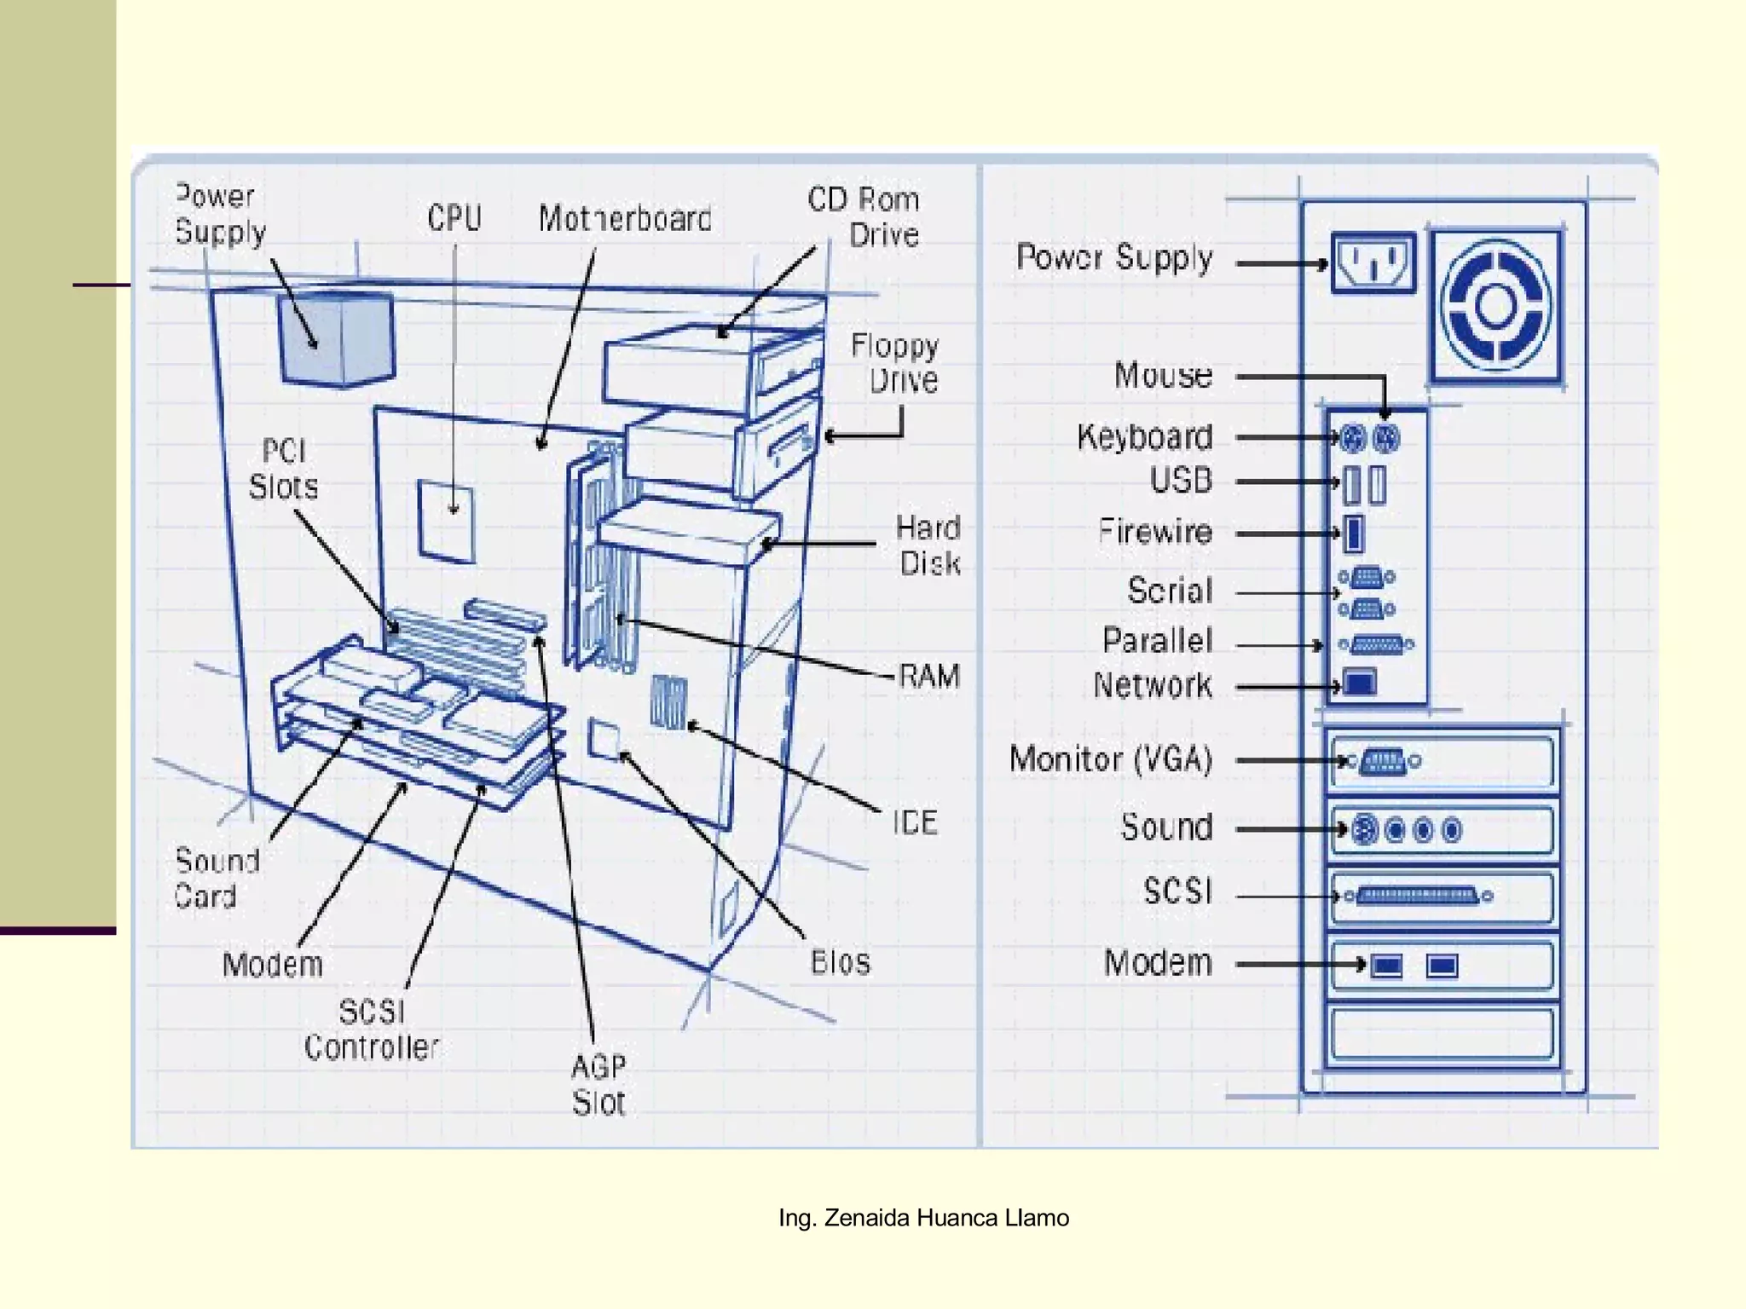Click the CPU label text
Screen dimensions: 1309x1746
pos(454,218)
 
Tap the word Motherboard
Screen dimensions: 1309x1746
pos(625,219)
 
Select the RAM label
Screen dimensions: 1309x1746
pos(929,677)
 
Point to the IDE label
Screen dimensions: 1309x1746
pos(916,822)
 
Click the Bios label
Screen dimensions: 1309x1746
pos(841,962)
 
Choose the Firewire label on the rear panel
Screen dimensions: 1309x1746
pos(1155,532)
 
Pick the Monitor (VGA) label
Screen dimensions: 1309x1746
pos(1111,758)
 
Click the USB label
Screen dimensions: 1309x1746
pos(1181,481)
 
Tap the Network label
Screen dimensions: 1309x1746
pos(1153,685)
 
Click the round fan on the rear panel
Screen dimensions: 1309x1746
pos(1495,305)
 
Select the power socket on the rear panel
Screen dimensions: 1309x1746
pos(1373,262)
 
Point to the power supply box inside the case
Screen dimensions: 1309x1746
pos(337,338)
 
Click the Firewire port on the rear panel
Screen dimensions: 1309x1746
pos(1353,533)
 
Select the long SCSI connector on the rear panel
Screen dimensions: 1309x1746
pos(1418,896)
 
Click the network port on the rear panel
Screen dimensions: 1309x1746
pos(1360,683)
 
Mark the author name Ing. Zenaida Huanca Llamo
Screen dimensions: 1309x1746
pos(923,1218)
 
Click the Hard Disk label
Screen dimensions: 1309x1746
pos(929,545)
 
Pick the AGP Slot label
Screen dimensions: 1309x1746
pos(598,1084)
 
